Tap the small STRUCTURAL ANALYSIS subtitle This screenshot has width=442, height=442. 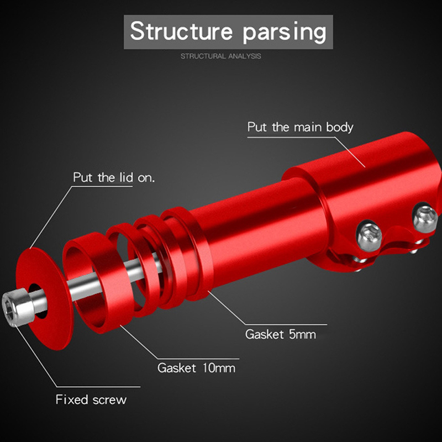221,56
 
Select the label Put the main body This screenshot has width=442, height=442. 300,127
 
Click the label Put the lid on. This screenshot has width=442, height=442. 114,178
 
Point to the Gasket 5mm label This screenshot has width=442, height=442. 281,334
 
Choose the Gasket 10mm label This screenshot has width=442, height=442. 196,367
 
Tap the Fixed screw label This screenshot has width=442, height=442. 91,399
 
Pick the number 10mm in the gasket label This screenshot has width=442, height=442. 216,367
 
